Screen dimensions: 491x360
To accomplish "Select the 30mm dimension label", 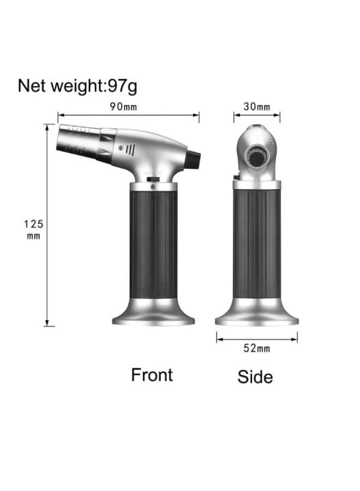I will coord(257,106).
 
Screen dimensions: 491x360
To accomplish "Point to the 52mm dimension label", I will coord(257,348).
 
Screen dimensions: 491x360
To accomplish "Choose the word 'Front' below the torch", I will coord(152,375).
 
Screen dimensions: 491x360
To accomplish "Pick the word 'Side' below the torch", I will coord(255,376).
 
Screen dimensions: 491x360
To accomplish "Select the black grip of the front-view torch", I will coord(153,240).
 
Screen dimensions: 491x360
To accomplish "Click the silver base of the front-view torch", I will coord(153,314).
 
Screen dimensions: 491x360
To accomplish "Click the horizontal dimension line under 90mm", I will coord(128,115).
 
